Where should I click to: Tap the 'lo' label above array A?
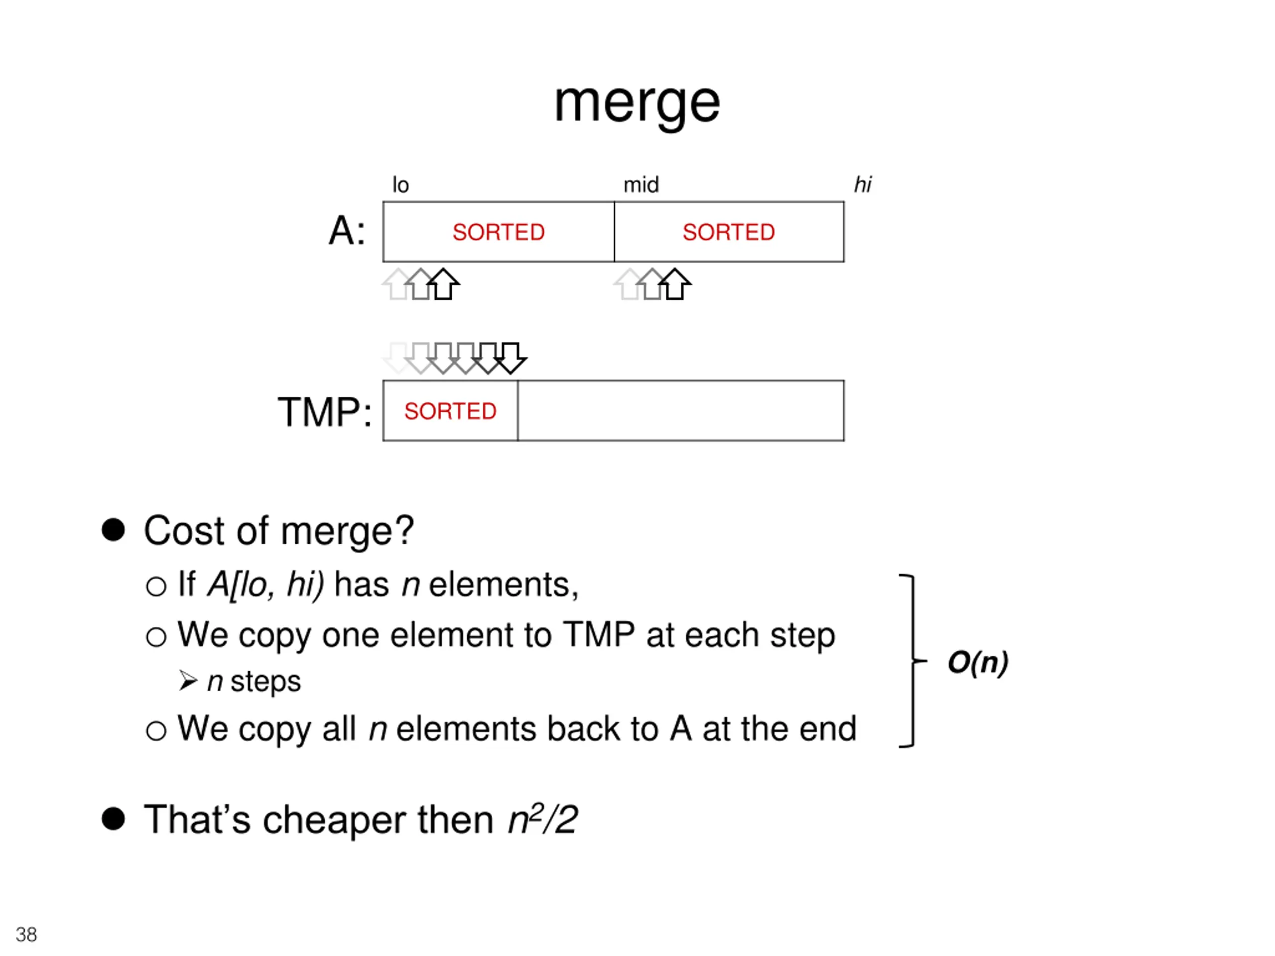coord(400,185)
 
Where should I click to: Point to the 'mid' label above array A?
coord(641,185)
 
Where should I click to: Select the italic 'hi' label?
coord(862,185)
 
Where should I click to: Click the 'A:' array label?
coord(347,231)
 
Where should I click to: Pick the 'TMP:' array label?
coord(325,412)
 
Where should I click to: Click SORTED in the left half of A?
coord(499,232)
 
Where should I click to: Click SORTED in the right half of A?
coord(729,232)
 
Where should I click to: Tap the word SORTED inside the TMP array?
coord(450,411)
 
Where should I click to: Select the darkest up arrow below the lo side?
coord(443,285)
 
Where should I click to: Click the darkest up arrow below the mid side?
coord(674,285)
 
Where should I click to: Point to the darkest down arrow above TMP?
coord(510,358)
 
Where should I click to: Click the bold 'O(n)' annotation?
coord(978,662)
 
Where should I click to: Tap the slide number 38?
coord(26,934)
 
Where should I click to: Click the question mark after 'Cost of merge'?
coord(404,530)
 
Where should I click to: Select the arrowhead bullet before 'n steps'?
coord(188,681)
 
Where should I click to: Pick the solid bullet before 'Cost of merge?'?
coord(113,530)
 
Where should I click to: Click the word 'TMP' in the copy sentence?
coord(599,635)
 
